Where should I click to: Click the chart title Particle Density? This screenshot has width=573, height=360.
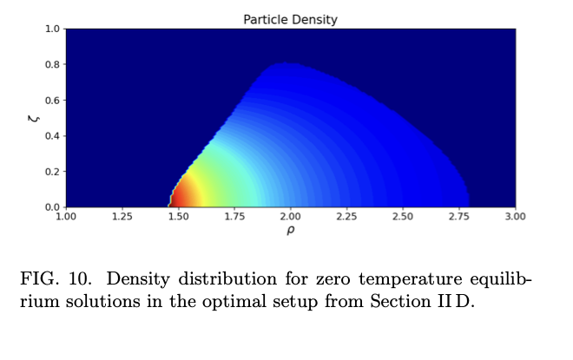pos(290,19)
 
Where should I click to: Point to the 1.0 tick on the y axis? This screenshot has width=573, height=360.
pos(53,29)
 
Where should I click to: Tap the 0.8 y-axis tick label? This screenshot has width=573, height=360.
pos(53,65)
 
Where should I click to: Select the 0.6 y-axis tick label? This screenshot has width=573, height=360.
pos(53,101)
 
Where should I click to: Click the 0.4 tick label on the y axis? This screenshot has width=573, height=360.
pos(53,136)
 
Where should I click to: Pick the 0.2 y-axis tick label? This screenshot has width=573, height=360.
pos(53,172)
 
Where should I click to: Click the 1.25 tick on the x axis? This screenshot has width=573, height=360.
pos(122,217)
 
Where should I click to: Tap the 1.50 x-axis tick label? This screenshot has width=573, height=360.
pos(178,217)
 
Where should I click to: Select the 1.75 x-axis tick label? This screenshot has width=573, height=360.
pos(234,217)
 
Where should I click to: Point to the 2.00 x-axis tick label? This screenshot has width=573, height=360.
pos(291,217)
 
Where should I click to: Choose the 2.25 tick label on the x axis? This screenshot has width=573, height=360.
pos(346,217)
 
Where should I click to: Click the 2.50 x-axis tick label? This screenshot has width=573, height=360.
pos(403,217)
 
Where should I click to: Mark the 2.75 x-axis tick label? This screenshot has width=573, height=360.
pos(458,217)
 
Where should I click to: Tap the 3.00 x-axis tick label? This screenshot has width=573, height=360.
pos(515,217)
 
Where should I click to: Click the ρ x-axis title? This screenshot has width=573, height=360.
pos(291,230)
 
